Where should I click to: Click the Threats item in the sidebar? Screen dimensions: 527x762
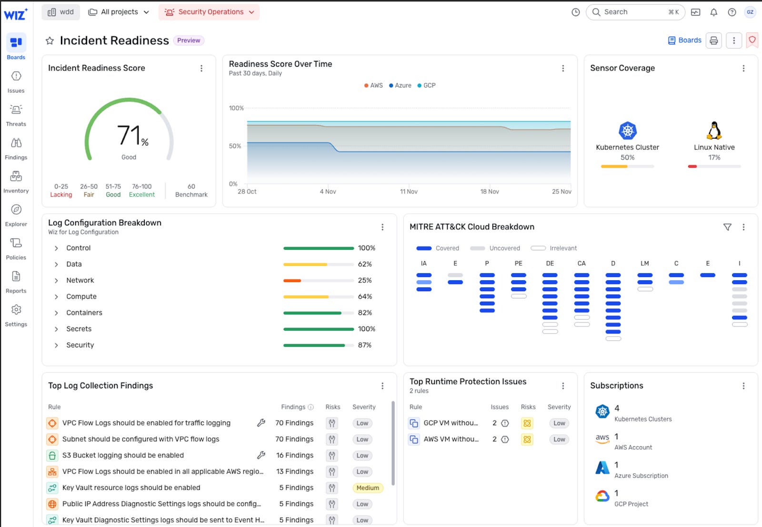pos(16,115)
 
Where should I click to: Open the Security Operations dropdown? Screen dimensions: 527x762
pos(209,12)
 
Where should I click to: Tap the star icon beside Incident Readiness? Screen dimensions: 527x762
pos(50,41)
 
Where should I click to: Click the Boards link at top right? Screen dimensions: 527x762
pos(684,41)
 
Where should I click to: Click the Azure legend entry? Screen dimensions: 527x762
pos(400,85)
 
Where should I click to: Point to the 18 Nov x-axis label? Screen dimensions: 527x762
pos(489,192)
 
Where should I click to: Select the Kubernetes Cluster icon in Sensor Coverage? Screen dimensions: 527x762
pos(627,131)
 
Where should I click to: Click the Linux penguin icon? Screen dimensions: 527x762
pos(714,130)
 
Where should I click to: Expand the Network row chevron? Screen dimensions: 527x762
pos(56,281)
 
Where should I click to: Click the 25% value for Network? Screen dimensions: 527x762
pos(364,281)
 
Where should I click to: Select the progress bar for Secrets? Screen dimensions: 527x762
pos(318,329)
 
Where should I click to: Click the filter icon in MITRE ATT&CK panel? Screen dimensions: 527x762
pos(727,227)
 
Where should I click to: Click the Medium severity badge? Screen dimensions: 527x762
pos(368,488)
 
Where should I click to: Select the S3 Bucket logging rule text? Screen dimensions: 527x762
pos(123,456)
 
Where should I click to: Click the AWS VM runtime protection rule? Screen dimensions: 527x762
pos(451,439)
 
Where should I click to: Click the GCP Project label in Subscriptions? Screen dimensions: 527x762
pos(631,504)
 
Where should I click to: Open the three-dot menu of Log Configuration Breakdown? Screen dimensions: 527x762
pos(382,227)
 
